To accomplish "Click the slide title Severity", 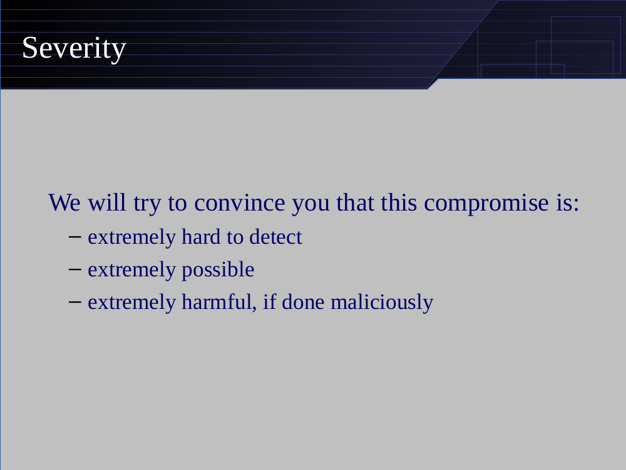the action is click(74, 48).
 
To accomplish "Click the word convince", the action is click(240, 202).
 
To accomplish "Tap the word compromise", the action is click(486, 203).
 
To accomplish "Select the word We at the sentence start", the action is click(64, 202).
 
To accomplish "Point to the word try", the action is click(147, 204).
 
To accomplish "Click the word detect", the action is click(276, 237).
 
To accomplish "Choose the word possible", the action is click(218, 269).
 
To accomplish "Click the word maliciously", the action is click(382, 302).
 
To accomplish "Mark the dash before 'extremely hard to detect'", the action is click(75, 237).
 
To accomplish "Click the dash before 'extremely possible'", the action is click(75, 269).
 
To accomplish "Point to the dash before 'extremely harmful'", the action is click(75, 302).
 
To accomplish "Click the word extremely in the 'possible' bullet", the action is click(131, 271).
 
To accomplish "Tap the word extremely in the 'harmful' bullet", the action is click(131, 303).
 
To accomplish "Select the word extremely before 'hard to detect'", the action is click(131, 238).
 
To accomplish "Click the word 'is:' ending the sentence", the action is click(568, 202).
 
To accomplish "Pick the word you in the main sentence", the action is click(310, 205).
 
